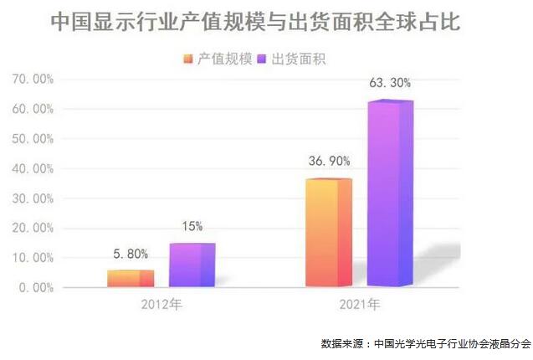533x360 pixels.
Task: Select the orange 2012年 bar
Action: (x=130, y=279)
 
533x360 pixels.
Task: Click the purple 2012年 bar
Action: (x=192, y=265)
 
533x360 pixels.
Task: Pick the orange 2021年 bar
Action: (x=328, y=233)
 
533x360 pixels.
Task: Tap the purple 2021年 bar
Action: (x=390, y=193)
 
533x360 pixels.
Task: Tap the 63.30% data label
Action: (x=391, y=84)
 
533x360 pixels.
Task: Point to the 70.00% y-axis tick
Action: (x=33, y=80)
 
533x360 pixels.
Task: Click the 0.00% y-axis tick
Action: (x=35, y=287)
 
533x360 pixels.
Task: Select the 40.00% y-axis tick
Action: (x=33, y=168)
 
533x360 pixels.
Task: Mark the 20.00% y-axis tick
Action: (x=33, y=228)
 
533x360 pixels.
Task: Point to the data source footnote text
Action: (x=425, y=343)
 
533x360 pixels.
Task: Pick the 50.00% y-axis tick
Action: (x=33, y=139)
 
